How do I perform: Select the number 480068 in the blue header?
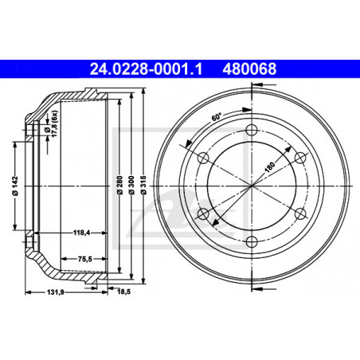(252, 69)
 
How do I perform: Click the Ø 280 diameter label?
(117, 185)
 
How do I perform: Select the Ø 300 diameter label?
(128, 185)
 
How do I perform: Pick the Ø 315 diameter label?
(141, 185)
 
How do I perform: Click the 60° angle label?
(217, 115)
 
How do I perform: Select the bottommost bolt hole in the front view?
(252, 242)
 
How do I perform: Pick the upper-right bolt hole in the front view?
(300, 158)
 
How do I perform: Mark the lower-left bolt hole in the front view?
(203, 213)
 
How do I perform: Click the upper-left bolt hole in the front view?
(203, 158)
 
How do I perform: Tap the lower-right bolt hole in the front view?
(300, 213)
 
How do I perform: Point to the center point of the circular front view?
(252, 186)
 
